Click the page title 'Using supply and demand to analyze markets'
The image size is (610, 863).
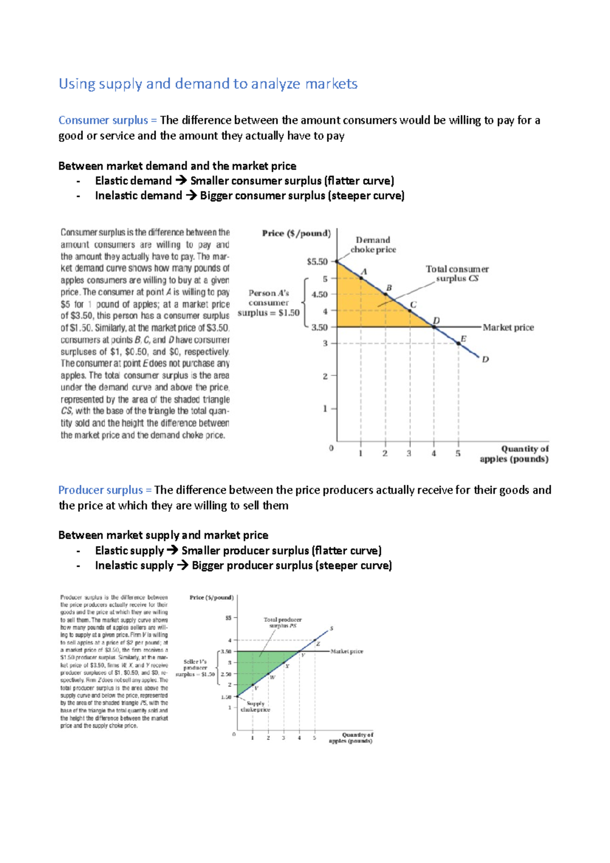tap(208, 84)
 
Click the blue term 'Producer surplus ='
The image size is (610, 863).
tap(105, 490)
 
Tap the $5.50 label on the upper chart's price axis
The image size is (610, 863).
tap(317, 262)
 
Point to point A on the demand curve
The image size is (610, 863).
tap(361, 278)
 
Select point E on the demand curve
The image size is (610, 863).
tap(459, 344)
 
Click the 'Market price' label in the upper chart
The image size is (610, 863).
tap(508, 327)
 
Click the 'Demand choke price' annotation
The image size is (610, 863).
tap(373, 244)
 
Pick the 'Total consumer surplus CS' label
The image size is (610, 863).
tap(457, 273)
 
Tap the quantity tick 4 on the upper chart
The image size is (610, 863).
tap(434, 453)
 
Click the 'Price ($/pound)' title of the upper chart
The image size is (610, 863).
tap(296, 233)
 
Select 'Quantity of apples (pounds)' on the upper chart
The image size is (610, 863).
tap(514, 454)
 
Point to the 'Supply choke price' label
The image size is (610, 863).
tap(255, 706)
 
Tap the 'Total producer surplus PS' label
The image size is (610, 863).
tap(283, 623)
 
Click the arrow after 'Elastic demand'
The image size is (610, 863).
tap(181, 181)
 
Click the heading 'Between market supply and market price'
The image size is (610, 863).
tap(163, 535)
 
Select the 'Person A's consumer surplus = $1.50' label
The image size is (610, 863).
tap(268, 303)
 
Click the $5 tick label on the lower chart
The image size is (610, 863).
tap(228, 618)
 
